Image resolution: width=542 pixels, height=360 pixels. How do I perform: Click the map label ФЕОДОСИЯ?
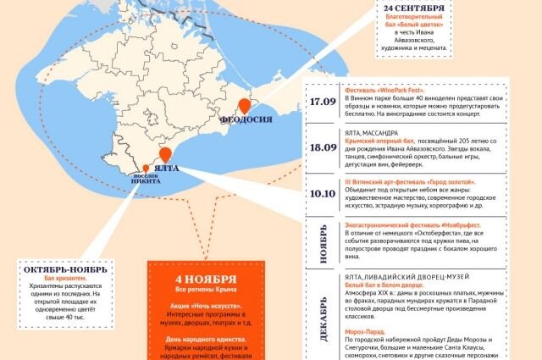246,119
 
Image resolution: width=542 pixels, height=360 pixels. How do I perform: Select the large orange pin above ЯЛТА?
165,153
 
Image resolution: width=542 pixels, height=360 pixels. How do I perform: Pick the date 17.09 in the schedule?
323,101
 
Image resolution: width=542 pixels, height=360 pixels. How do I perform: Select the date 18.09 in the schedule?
323,146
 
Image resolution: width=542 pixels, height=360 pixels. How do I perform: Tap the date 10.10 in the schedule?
323,193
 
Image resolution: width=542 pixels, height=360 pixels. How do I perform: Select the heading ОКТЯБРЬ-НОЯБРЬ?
65,269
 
